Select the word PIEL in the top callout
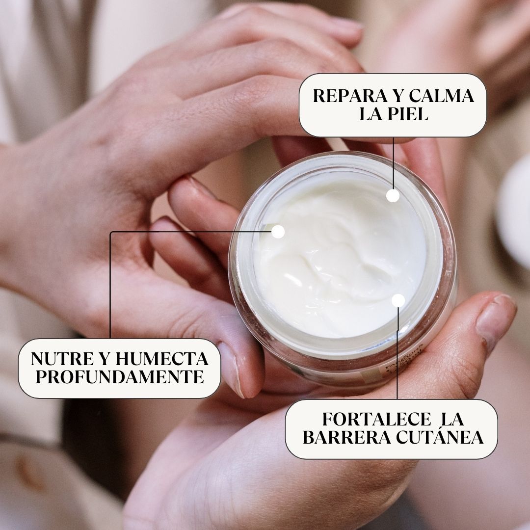pos(408,114)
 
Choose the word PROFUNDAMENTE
pos(119,377)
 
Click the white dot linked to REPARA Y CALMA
pos(393,196)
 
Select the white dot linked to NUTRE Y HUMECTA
pos(278,232)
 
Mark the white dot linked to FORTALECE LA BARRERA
pos(398,300)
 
